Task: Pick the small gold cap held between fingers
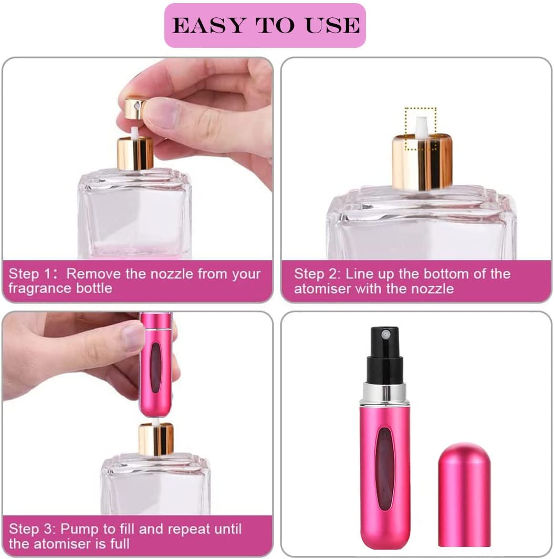tap(134, 108)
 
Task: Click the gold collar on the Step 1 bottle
tap(135, 153)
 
